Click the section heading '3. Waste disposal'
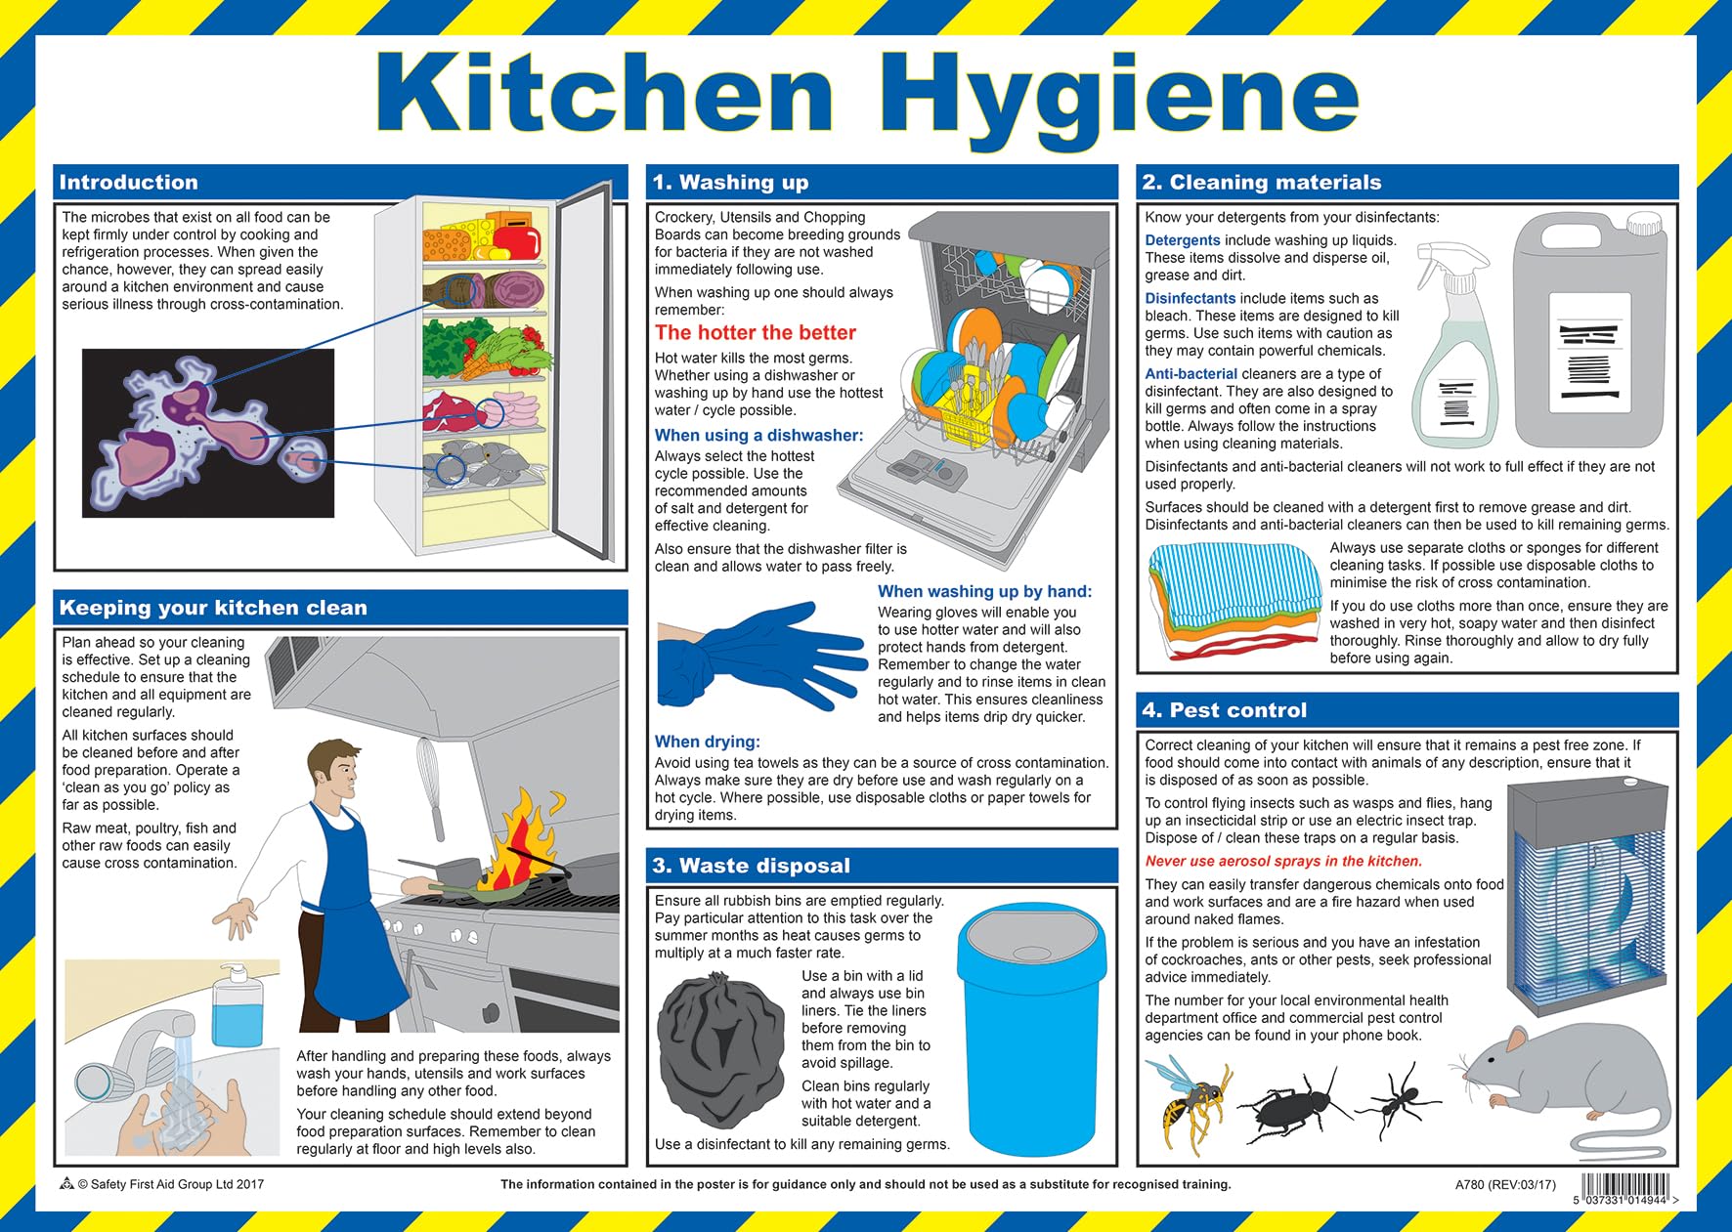[x=751, y=866]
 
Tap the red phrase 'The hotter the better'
[x=755, y=332]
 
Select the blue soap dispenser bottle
[x=237, y=1006]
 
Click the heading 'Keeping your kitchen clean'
[x=213, y=608]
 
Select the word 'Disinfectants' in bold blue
[x=1190, y=298]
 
